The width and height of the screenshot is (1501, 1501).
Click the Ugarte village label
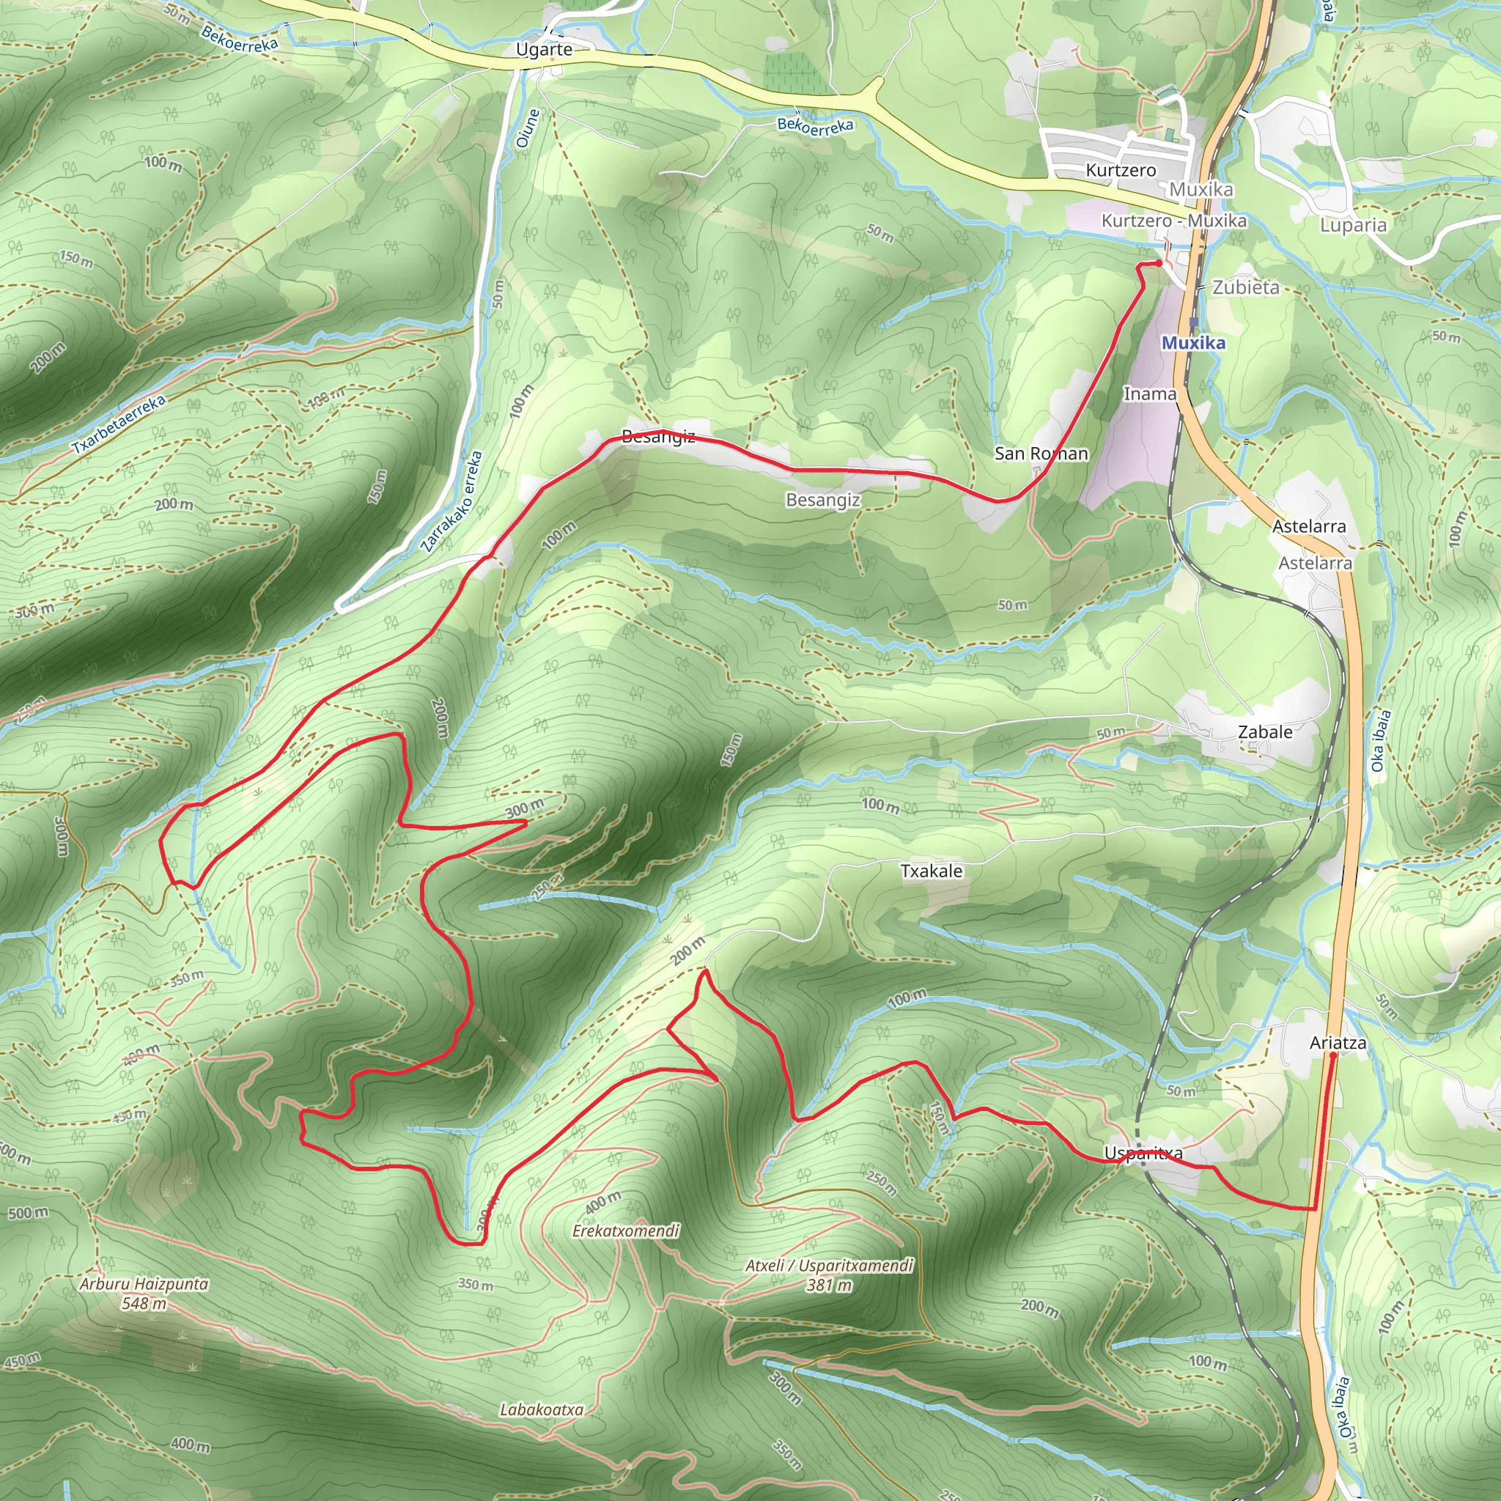point(544,50)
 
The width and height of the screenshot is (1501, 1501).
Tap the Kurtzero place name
point(1121,170)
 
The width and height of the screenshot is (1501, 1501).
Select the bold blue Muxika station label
point(1193,342)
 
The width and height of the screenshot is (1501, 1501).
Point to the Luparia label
point(1354,225)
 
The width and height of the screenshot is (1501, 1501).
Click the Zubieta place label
point(1245,287)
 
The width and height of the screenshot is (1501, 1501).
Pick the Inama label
point(1150,394)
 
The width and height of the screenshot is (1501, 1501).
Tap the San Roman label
point(1041,453)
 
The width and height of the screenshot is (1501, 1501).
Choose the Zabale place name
point(1265,732)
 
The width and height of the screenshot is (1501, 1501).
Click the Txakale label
point(932,871)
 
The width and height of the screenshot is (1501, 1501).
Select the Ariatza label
point(1338,1043)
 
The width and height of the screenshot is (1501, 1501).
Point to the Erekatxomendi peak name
point(625,1231)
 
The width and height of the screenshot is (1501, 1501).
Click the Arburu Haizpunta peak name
point(144,1284)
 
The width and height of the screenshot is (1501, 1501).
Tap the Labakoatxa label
point(542,1409)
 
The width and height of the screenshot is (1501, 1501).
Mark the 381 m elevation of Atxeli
point(829,1285)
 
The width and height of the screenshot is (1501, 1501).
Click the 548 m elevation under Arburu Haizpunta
point(144,1303)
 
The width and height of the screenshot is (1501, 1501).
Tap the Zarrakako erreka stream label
point(452,501)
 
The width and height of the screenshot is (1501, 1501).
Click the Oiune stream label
point(528,128)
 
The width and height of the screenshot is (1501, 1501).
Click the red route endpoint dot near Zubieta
point(1159,263)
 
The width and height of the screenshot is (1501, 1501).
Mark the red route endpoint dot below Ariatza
point(1333,1056)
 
